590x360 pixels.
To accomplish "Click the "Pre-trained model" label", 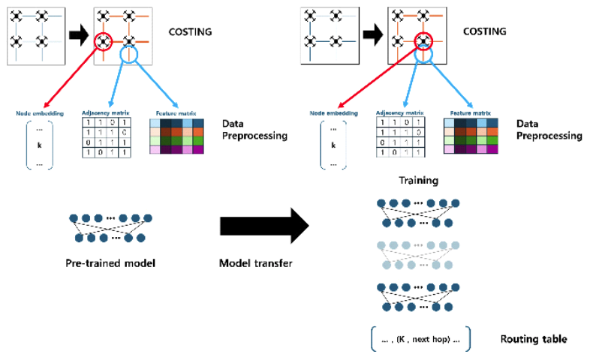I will pos(112,263).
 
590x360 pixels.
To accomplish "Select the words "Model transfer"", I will pos(255,263).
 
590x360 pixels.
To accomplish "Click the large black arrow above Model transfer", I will pos(263,226).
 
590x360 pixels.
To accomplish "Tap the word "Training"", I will pos(418,181).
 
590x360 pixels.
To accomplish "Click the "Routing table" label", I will pos(534,339).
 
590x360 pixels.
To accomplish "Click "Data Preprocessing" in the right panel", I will pos(549,129).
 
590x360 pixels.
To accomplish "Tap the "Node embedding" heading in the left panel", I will pos(37,113).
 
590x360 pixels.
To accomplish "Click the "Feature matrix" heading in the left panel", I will pos(175,113).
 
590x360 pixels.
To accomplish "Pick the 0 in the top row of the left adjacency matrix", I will pos(110,122).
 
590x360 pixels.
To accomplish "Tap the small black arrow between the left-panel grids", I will pos(77,34).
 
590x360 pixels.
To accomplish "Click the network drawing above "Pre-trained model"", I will pos(111,228).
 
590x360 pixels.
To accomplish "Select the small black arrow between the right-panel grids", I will pos(372,34).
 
